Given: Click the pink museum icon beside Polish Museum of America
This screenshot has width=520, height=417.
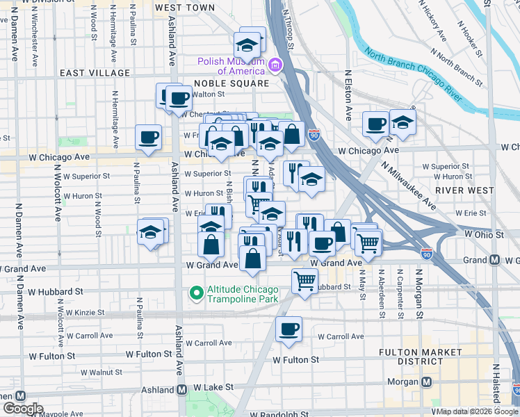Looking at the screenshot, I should coord(275,65).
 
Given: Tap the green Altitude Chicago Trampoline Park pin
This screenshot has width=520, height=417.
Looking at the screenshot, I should coord(197,295).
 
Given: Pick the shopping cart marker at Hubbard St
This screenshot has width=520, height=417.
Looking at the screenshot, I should coord(304,281).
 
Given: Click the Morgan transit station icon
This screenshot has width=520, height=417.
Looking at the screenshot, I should coord(428,382).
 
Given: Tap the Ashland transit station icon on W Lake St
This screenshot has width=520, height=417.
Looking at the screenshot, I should coord(182,390).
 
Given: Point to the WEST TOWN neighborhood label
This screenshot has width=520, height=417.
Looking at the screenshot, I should coord(185,8).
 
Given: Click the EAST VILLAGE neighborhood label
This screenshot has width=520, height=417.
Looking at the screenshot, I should coord(95,73).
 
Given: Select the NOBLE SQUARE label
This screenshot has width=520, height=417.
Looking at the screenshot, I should coord(222,83).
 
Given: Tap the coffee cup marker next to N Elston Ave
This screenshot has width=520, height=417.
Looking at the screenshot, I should coord(375,124).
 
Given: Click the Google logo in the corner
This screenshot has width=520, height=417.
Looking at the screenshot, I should coord(22,409).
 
